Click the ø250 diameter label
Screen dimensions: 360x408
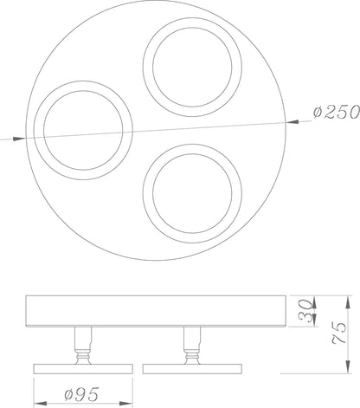337,113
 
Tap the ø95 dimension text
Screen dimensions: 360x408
81,394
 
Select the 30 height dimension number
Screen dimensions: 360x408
305,311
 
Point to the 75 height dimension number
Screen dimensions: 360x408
339,333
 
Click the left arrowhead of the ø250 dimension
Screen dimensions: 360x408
19,139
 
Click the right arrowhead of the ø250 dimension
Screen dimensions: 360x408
292,122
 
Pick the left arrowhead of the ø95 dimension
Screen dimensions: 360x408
41,403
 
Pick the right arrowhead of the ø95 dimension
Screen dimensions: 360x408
126,403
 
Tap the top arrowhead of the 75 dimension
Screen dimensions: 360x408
348,302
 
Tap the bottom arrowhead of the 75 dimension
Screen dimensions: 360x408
348,367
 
